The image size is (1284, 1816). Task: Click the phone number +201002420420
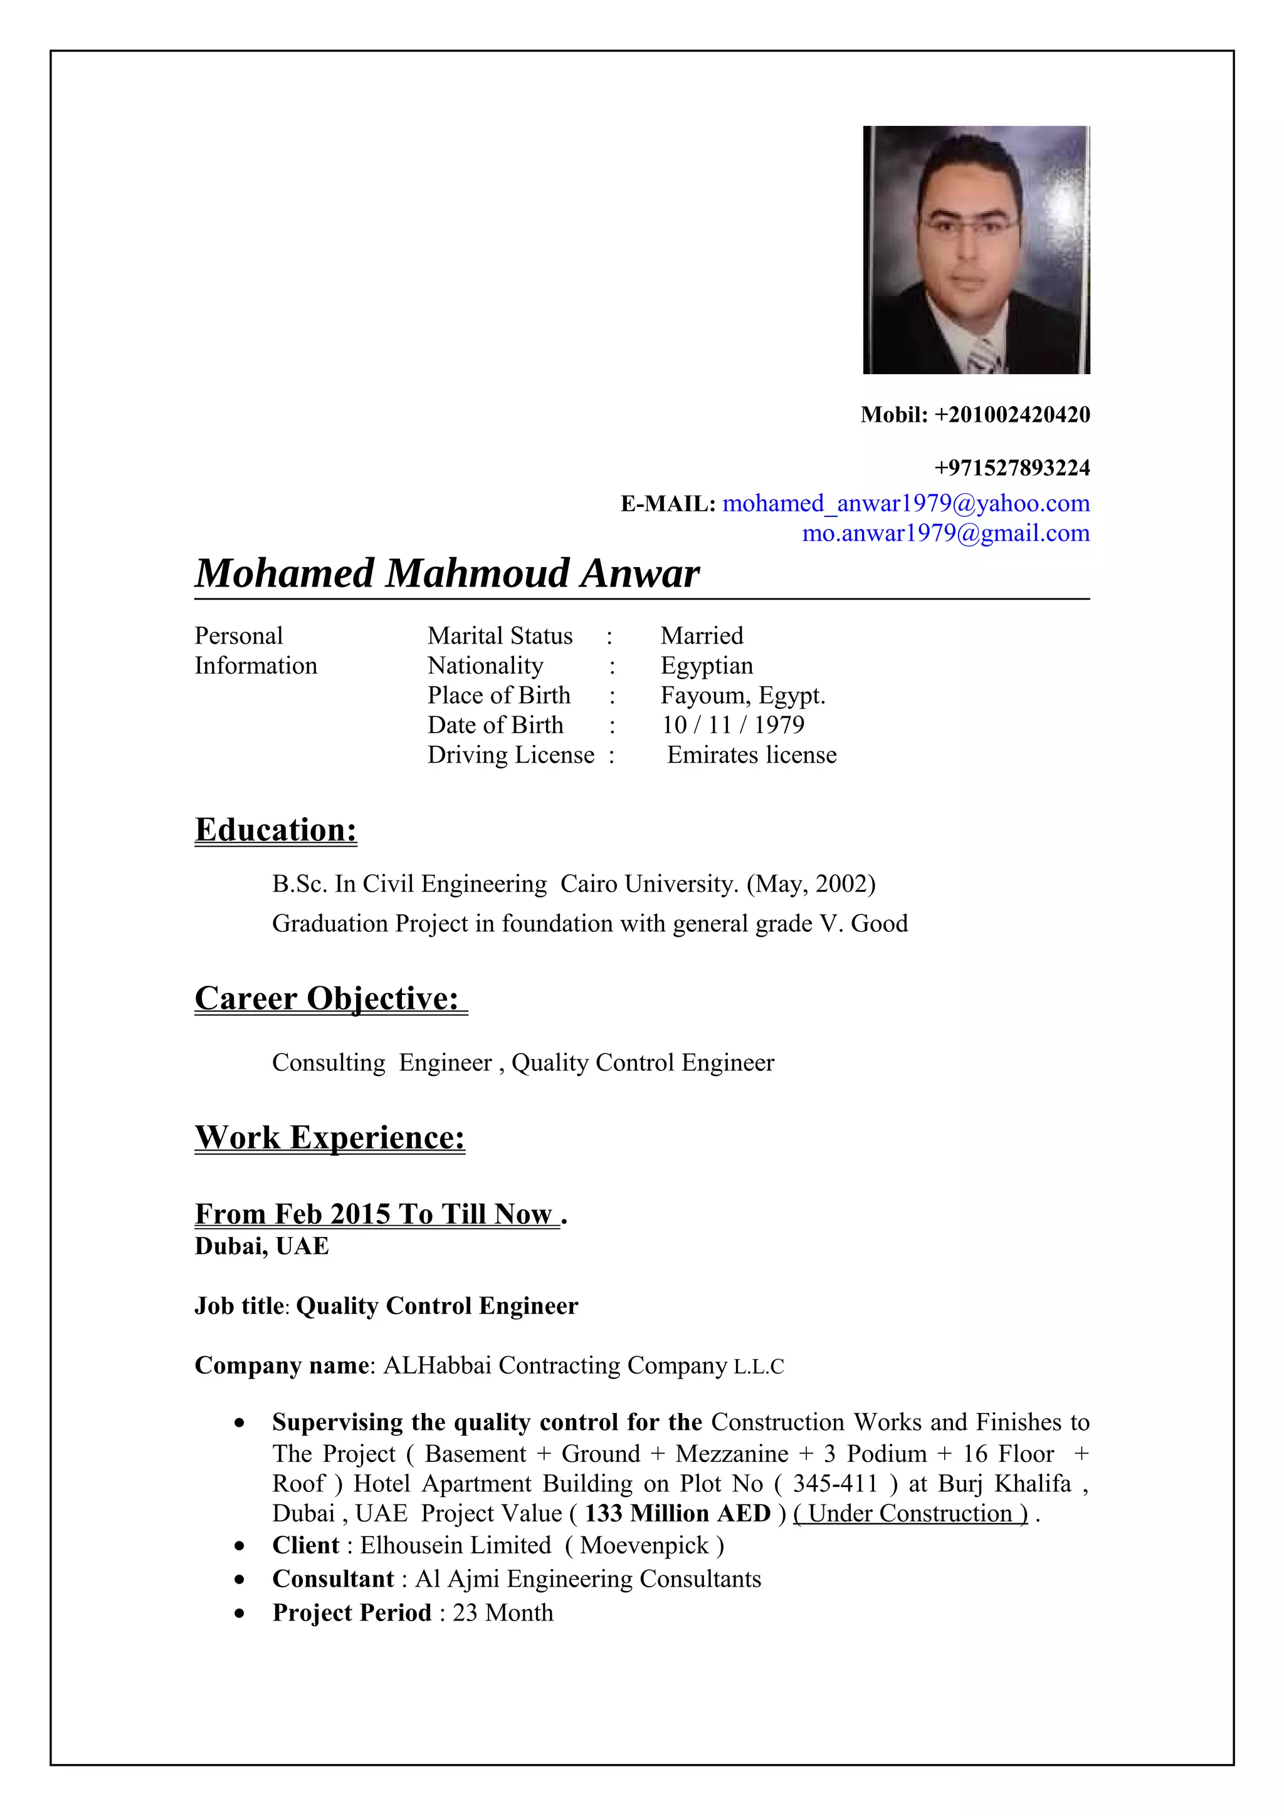pos(1012,414)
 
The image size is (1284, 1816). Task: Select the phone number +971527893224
pos(1012,468)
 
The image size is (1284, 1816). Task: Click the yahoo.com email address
pos(906,503)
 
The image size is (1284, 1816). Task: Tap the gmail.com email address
pos(945,533)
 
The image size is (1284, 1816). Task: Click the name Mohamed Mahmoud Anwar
pos(447,573)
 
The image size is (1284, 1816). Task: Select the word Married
pos(702,636)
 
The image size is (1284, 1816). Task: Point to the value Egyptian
pos(707,666)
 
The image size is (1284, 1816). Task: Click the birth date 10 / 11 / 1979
pos(732,725)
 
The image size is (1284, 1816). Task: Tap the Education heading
pos(275,830)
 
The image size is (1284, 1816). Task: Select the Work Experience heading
pos(330,1137)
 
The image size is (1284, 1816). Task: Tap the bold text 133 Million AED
pos(677,1513)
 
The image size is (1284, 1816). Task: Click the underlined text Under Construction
pos(910,1513)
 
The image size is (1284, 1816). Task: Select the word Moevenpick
pos(644,1545)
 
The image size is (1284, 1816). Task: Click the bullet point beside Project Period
pos(239,1614)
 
